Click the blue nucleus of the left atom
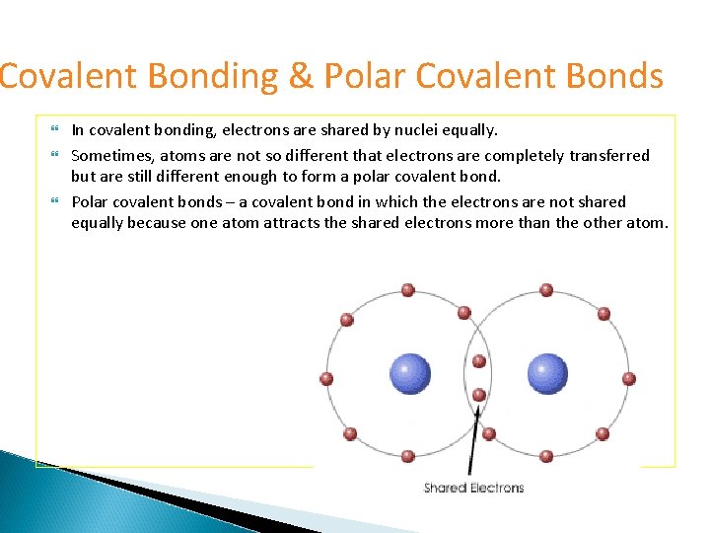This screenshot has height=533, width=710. point(410,374)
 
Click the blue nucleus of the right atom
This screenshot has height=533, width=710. point(547,374)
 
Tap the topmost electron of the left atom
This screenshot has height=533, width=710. point(407,291)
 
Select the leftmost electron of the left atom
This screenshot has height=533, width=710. point(326,378)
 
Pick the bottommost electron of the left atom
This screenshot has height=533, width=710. point(407,456)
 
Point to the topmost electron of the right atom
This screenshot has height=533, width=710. point(546,291)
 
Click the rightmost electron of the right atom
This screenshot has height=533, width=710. point(629,378)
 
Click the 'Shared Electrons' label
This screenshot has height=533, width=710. point(473,488)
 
